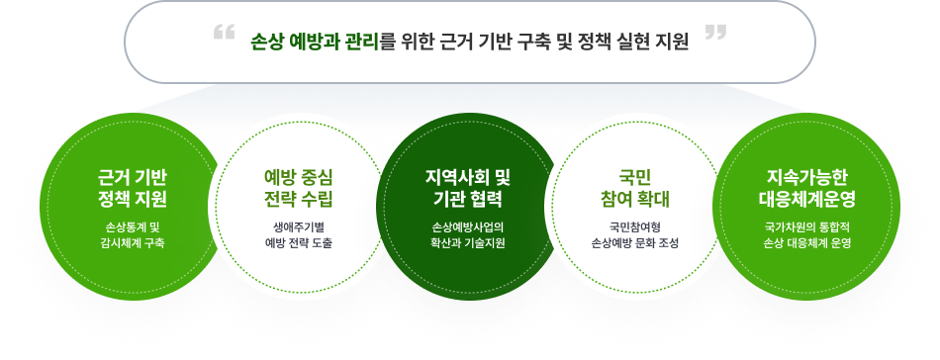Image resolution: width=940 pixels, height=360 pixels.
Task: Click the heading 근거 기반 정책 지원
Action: tap(133, 188)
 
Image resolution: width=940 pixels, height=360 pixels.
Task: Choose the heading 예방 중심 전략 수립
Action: tap(299, 188)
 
